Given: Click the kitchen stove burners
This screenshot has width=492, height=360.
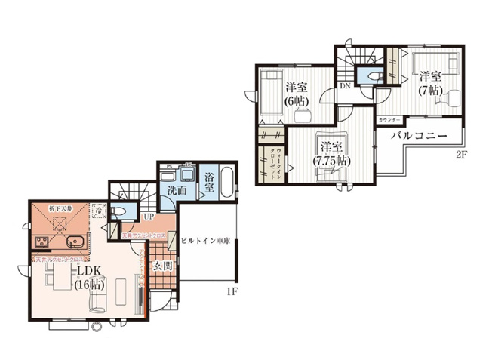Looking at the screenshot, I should pyautogui.click(x=40, y=242).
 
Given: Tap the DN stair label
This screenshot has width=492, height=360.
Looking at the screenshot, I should pyautogui.click(x=344, y=86).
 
